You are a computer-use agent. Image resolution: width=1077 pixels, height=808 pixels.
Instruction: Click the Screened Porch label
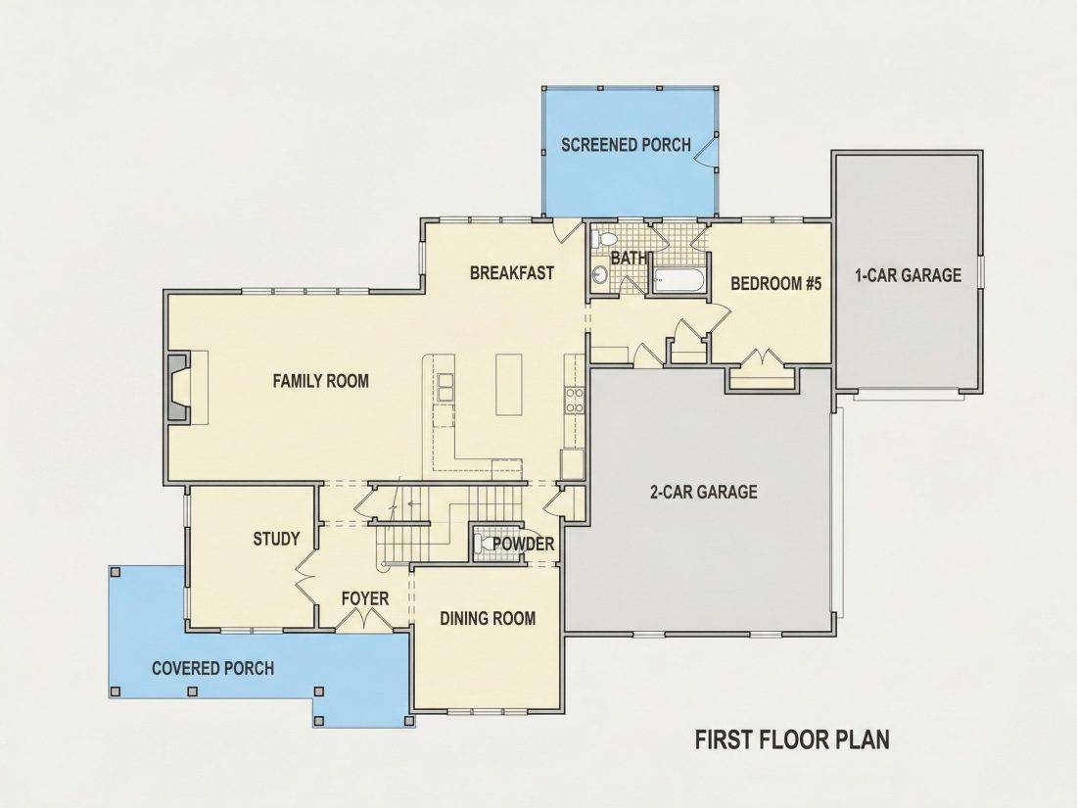(626, 145)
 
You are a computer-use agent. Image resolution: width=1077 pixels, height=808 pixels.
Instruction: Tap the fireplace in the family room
(178, 387)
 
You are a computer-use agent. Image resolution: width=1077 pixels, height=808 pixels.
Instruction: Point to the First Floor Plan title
(792, 739)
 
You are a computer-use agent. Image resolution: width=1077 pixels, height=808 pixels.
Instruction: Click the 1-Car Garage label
(908, 275)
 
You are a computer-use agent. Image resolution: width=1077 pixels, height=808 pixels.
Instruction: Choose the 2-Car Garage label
(703, 492)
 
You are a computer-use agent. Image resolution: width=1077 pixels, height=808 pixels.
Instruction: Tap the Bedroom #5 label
(775, 283)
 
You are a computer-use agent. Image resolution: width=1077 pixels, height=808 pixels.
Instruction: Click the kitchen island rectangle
(508, 384)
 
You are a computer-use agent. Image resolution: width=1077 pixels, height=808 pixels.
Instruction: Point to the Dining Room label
(488, 618)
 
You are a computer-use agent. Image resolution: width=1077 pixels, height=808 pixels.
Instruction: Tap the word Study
(276, 539)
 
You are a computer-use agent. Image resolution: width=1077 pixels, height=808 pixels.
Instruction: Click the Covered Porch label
(212, 668)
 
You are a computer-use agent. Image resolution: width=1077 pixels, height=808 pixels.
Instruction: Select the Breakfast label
(512, 273)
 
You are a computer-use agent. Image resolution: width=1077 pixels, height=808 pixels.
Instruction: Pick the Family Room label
(321, 381)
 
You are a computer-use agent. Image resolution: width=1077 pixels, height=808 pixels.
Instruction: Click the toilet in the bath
(604, 238)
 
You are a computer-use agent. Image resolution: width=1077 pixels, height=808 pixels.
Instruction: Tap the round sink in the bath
(599, 275)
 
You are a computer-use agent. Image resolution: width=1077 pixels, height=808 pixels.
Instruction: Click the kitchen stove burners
(574, 400)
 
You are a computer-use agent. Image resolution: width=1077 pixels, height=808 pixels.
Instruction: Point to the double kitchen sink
(445, 387)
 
